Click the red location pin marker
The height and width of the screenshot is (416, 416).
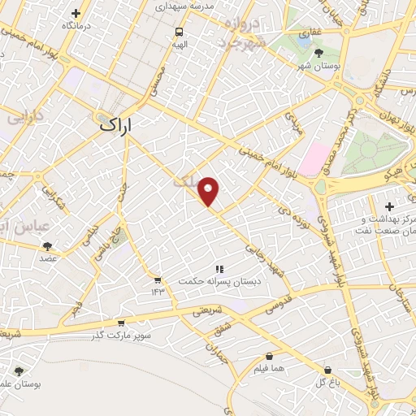(209, 190)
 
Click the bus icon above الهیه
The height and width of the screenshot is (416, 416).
(179, 32)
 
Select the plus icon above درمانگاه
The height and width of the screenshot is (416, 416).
(76, 13)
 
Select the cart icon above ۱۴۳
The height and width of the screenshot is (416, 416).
(157, 279)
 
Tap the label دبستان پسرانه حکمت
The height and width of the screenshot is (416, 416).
(218, 281)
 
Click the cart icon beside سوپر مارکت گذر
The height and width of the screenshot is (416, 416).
(120, 322)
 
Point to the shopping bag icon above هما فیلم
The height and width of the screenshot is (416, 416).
(269, 356)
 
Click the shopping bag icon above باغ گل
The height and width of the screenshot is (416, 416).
(327, 370)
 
